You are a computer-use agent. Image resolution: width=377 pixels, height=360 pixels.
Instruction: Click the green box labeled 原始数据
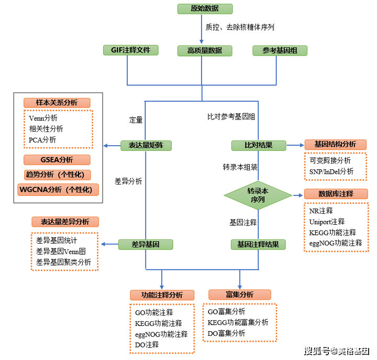[x=205, y=9]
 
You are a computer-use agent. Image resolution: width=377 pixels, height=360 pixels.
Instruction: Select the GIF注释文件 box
[x=130, y=50]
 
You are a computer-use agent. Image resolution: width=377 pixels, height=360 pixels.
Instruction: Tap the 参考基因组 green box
[x=280, y=50]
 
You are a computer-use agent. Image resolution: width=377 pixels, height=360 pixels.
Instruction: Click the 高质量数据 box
[x=205, y=51]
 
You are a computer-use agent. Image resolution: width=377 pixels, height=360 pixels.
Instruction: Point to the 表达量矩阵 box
[x=146, y=146]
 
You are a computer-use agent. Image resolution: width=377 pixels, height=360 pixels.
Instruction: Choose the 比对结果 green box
[x=259, y=146]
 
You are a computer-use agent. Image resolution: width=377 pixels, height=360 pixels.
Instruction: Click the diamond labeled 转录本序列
[x=258, y=195]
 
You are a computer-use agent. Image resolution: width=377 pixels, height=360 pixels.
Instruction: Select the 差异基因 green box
[x=146, y=245]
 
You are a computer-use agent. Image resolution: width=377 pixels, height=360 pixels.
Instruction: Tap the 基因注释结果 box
[x=258, y=245]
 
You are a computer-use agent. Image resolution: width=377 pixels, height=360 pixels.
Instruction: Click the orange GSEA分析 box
[x=57, y=160]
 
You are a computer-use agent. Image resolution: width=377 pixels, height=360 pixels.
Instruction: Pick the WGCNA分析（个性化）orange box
[x=58, y=190]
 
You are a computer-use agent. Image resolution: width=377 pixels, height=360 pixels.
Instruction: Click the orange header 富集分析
[x=240, y=294]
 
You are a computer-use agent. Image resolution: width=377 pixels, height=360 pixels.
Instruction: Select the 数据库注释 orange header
[x=336, y=194]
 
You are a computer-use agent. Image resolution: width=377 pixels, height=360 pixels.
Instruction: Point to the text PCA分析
[x=42, y=140]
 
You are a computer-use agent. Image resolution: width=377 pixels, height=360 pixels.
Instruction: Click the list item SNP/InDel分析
[x=331, y=171]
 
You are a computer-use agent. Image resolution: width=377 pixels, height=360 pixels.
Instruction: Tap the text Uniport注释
[x=327, y=222]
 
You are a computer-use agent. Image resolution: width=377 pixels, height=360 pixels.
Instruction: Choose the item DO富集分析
[x=226, y=333]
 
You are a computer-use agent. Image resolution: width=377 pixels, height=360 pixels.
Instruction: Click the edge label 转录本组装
[x=240, y=167]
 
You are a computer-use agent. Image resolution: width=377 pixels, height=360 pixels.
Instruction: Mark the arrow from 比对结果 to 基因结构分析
[x=295, y=145]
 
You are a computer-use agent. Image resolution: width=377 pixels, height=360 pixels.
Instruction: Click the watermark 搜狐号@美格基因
[x=337, y=351]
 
